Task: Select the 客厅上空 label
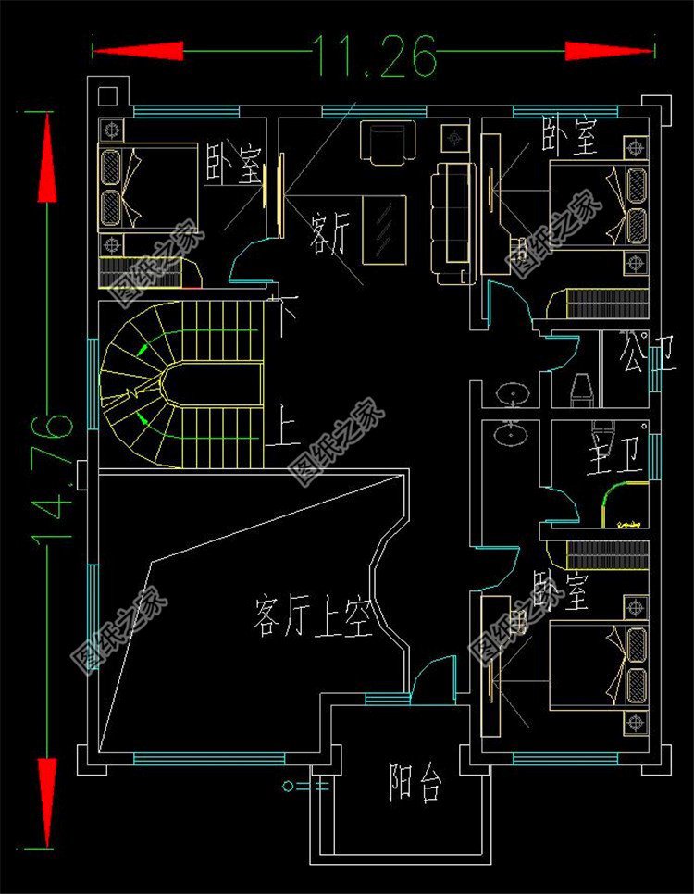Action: pos(311,617)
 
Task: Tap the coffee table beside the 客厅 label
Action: pos(384,230)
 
